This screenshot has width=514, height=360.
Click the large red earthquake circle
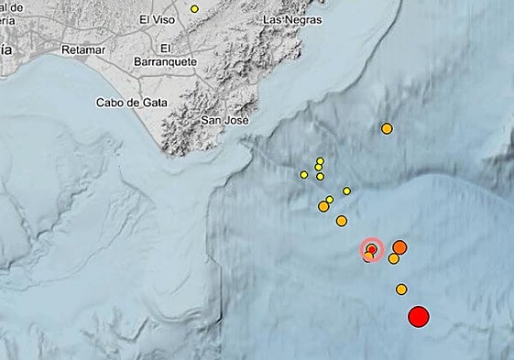coord(418,317)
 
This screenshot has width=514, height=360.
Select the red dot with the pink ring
coord(372,249)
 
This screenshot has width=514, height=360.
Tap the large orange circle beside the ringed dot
coord(400,247)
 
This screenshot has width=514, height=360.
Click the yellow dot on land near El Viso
coord(194,9)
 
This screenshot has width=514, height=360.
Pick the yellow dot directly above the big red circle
coord(401,289)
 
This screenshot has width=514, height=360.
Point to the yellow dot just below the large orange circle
coord(393,259)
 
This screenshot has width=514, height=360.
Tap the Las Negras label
coord(285,18)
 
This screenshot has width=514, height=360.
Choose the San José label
coord(225,120)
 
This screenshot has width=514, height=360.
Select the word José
coord(235,120)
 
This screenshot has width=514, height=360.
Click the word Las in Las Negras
coord(269,18)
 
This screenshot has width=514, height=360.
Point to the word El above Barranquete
coord(165,48)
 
